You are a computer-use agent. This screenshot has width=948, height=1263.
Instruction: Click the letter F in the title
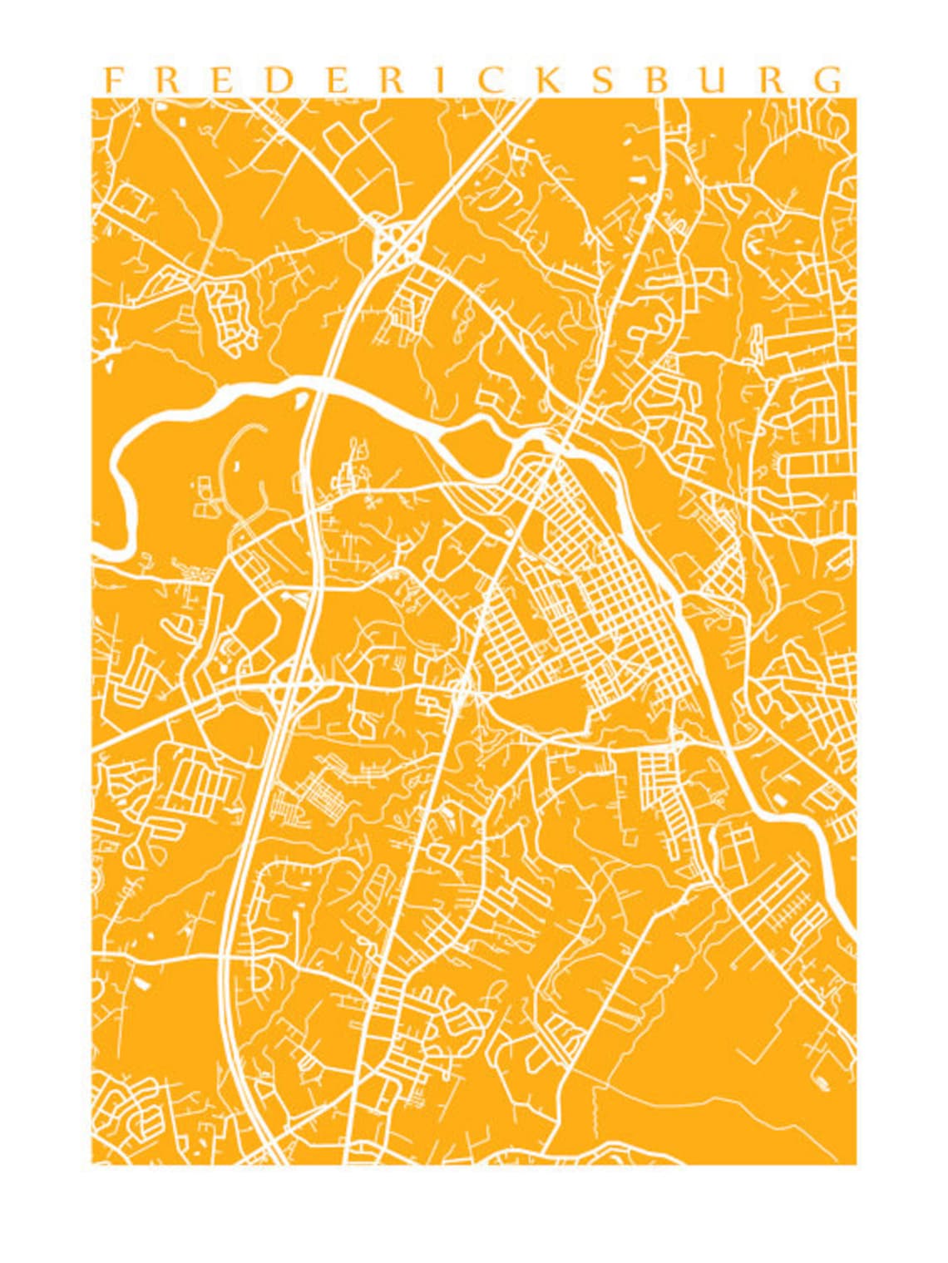[111, 80]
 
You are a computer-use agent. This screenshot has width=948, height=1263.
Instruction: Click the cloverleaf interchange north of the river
[394, 241]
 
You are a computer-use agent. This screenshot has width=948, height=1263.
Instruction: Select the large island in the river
[477, 442]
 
